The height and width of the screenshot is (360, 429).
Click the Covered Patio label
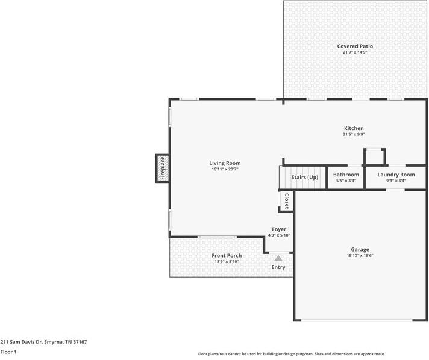click(355, 46)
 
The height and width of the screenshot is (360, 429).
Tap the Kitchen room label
click(354, 128)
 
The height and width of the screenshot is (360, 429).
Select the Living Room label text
click(225, 163)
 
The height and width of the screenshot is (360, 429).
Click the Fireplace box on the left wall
click(162, 168)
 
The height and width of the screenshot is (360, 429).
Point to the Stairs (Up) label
click(304, 178)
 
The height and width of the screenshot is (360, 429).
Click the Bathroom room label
click(346, 175)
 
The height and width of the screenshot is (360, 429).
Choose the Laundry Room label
click(396, 175)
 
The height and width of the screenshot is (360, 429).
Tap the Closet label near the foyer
click(286, 202)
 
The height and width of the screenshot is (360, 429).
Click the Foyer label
click(279, 229)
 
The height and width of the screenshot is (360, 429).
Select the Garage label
click(360, 249)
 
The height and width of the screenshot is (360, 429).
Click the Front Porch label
click(227, 256)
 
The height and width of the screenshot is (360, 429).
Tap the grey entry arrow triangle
click(278, 258)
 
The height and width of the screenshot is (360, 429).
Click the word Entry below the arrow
click(278, 267)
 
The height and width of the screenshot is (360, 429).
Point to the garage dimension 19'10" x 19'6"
click(360, 255)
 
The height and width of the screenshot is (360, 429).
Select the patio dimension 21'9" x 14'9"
click(355, 52)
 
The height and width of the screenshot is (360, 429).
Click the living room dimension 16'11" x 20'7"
click(225, 169)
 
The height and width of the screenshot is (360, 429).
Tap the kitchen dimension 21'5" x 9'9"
click(354, 134)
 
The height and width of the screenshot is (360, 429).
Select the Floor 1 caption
click(8, 352)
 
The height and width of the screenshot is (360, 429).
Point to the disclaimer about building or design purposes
click(292, 354)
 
